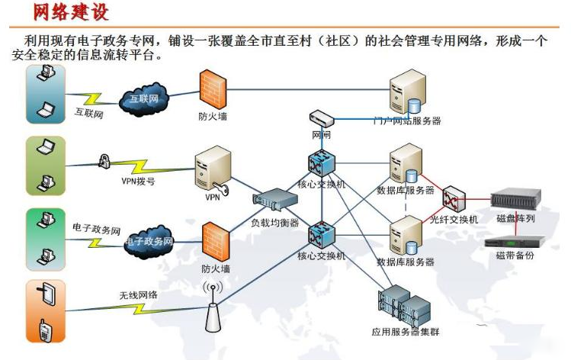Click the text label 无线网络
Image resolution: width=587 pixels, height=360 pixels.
pos(137,294)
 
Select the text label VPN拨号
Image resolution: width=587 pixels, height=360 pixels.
pos(138,181)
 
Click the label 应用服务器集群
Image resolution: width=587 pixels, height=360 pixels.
pos(406,332)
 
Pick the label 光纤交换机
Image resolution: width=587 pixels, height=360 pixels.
pos(454,219)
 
